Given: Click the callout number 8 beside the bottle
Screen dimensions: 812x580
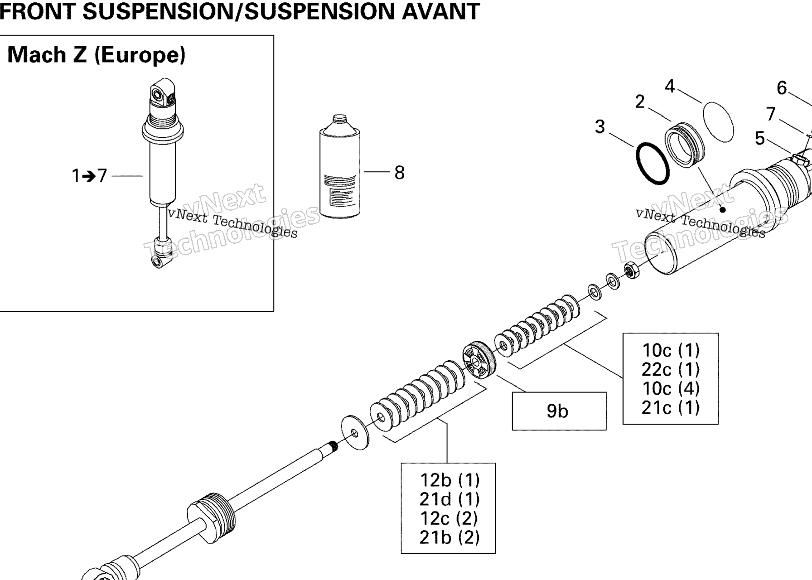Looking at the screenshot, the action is click(x=399, y=173).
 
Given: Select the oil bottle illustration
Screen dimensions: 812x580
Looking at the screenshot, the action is click(x=340, y=166).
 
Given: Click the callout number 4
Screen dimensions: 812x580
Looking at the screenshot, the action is click(x=670, y=86).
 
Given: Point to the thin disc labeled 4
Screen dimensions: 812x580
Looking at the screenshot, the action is click(x=718, y=121).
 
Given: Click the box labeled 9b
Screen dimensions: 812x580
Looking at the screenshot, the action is click(x=559, y=411).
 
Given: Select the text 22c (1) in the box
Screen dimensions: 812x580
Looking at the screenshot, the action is click(x=671, y=369).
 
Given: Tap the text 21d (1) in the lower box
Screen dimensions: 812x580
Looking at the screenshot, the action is click(x=449, y=499).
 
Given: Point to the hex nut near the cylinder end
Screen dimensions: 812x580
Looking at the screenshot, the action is click(x=632, y=270).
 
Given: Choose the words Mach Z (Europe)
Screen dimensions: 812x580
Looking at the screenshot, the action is click(x=97, y=55).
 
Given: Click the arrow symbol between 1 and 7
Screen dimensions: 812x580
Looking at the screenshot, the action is click(x=89, y=176).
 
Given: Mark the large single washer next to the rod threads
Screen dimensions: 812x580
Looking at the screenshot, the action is click(x=355, y=433).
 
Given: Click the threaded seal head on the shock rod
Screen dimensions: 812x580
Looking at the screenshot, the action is click(x=212, y=517).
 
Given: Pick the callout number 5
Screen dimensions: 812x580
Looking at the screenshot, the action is click(x=760, y=138).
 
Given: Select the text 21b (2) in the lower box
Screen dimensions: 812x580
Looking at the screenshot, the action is click(x=449, y=537).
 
